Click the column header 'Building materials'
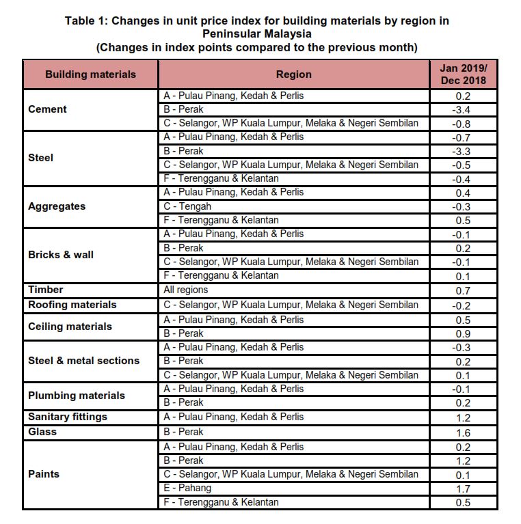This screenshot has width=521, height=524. (90, 74)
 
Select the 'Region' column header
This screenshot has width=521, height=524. (293, 74)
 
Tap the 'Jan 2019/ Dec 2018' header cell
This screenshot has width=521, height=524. (463, 74)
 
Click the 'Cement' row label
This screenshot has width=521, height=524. (47, 109)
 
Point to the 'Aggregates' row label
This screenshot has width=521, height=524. (57, 206)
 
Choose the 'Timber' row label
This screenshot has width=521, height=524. (45, 290)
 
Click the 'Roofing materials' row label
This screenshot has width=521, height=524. (72, 305)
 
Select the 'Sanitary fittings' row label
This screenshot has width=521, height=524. (67, 417)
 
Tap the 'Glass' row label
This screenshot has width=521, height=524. (42, 432)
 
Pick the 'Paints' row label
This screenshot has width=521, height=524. (43, 474)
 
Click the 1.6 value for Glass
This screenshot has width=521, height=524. (463, 432)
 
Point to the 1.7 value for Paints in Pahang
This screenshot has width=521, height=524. (463, 489)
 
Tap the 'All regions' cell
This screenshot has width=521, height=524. (186, 290)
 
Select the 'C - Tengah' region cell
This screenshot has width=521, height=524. (187, 206)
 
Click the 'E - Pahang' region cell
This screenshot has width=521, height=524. (187, 488)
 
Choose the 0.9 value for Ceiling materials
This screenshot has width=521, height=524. (463, 334)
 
